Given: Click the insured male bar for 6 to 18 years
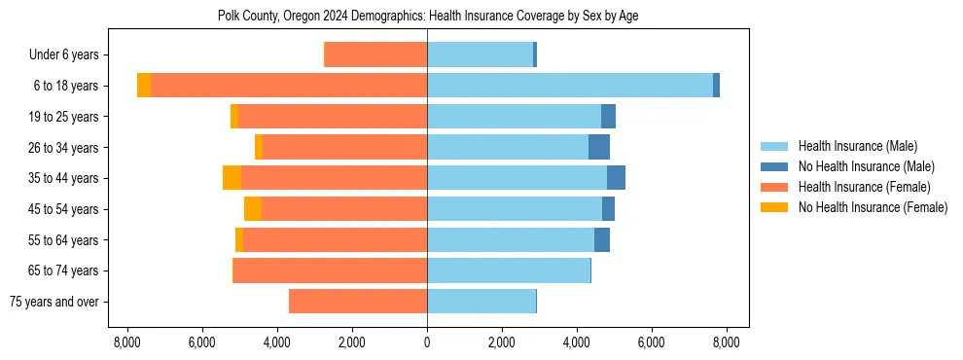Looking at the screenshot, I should point(569,86).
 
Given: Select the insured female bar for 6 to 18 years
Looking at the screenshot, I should point(288,86).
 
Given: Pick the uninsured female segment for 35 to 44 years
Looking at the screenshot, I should point(232,178).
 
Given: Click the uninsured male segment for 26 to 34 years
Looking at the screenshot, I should point(599,147).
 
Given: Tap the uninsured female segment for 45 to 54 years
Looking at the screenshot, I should point(253,209).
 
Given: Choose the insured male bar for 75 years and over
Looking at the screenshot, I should point(481,302).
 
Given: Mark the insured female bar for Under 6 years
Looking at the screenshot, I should point(375,54).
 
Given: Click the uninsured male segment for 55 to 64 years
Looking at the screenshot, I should point(602,239).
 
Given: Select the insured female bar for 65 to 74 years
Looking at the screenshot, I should point(330,270).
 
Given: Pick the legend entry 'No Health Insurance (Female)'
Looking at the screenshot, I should point(873,207).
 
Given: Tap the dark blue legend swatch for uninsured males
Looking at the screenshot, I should point(774,166).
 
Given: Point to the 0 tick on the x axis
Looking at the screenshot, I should point(427,342).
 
